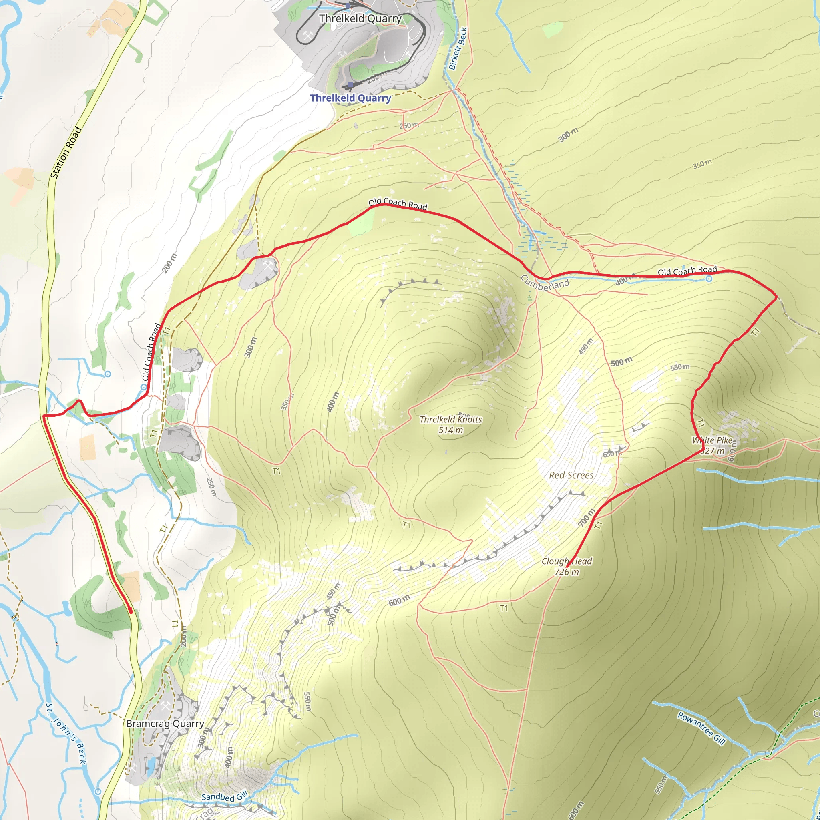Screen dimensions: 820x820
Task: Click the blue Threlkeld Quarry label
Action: pyautogui.click(x=350, y=98)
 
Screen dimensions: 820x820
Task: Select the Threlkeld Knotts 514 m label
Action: pyautogui.click(x=451, y=424)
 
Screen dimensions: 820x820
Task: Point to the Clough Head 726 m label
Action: pyautogui.click(x=567, y=566)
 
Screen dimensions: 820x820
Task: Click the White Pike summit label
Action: pyautogui.click(x=713, y=445)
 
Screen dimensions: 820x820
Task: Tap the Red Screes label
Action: pyautogui.click(x=571, y=475)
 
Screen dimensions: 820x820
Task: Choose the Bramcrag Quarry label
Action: pyautogui.click(x=165, y=723)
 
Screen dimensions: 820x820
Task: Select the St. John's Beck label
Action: pyautogui.click(x=66, y=734)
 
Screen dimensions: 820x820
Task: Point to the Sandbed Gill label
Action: pyautogui.click(x=224, y=797)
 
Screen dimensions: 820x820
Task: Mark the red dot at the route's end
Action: pyautogui.click(x=130, y=611)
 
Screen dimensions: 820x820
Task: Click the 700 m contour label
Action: pyautogui.click(x=587, y=518)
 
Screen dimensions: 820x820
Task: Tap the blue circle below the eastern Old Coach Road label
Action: pyautogui.click(x=709, y=279)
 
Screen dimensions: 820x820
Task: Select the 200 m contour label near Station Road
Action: pyautogui.click(x=169, y=263)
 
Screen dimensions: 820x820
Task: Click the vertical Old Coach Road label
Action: pyautogui.click(x=151, y=352)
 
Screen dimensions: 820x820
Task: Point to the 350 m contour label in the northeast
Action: pyautogui.click(x=702, y=164)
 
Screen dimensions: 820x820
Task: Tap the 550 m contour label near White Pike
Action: pyautogui.click(x=680, y=367)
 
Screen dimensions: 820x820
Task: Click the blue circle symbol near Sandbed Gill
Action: pyautogui.click(x=98, y=791)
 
